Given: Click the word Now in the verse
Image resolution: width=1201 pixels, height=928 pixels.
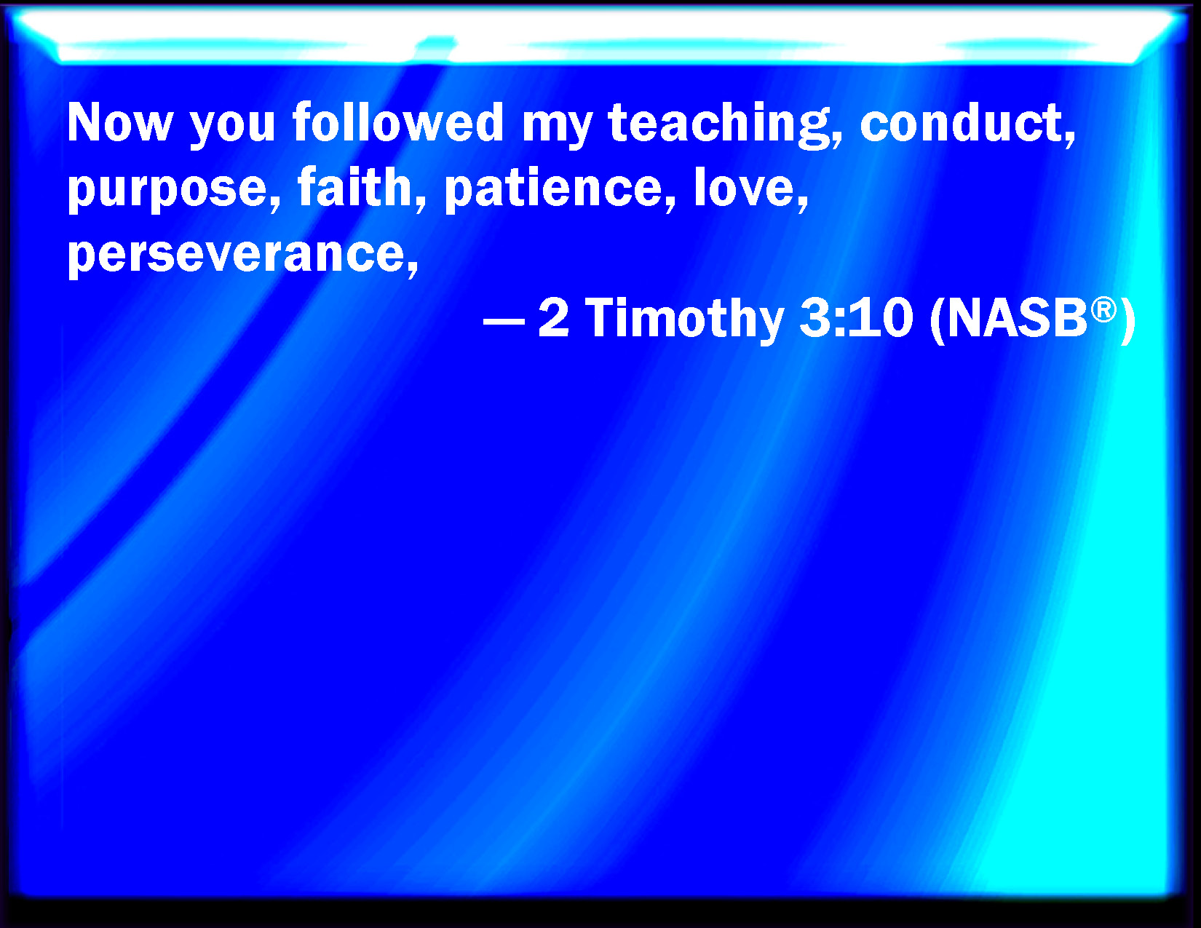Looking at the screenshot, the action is point(120,122).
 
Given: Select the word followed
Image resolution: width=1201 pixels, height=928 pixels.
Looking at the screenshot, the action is point(398,121).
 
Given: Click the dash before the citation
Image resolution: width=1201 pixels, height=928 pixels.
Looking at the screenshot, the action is point(504,320).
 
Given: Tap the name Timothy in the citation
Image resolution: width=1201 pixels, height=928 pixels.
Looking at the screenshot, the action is point(685,320).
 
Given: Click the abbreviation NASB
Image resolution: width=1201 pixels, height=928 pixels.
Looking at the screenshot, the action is point(1016,318).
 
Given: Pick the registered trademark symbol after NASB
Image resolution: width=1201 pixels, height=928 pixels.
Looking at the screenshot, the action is point(1103,310).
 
